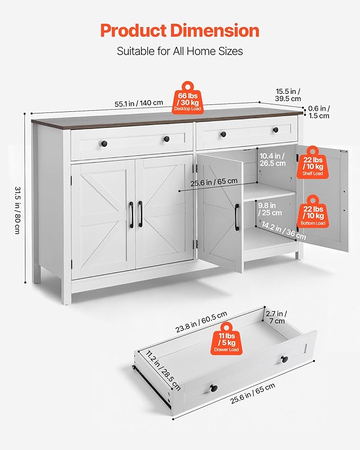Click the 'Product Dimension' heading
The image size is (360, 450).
coord(180,31)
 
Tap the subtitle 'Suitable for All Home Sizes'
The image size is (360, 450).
coord(180,51)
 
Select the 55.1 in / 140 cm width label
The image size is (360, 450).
coord(139,103)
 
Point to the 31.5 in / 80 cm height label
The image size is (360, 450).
coord(17,210)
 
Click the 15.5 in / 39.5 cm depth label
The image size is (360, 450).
coord(288,95)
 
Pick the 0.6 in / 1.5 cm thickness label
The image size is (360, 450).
coord(319,112)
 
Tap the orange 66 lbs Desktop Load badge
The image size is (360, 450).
coord(188,98)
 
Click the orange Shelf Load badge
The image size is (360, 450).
coord(313,163)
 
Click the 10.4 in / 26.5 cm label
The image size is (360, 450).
coord(273,160)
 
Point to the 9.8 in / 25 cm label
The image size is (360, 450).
coord(269,209)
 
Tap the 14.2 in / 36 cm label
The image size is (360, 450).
coord(284,231)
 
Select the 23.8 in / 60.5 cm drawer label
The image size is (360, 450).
coord(201,322)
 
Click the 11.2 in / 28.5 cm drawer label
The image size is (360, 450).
coord(163,370)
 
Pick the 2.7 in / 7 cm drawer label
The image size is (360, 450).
coord(276,317)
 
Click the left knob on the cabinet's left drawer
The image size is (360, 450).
coord(104,143)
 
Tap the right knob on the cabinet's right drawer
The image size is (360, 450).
coord(276,130)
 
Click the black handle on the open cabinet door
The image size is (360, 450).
coord(237,217)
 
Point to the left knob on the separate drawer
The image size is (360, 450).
coord(214,389)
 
